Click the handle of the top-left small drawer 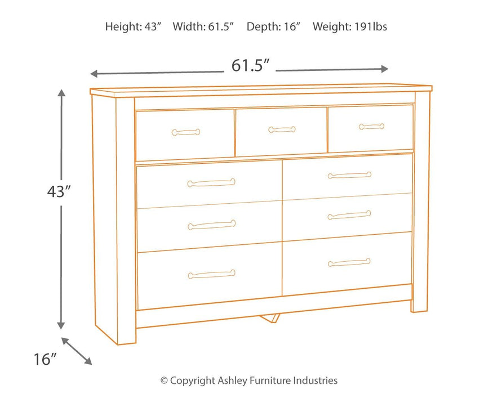pyautogui.click(x=185, y=132)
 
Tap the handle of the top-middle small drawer pyautogui.click(x=282, y=130)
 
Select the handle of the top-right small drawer pyautogui.click(x=371, y=127)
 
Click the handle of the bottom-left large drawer pyautogui.click(x=211, y=275)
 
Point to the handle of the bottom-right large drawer pyautogui.click(x=349, y=262)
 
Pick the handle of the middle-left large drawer pyautogui.click(x=211, y=225)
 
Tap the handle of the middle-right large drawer pyautogui.click(x=349, y=215)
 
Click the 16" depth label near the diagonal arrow pyautogui.click(x=45, y=359)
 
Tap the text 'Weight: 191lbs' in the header pyautogui.click(x=350, y=26)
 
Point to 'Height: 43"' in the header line pyautogui.click(x=134, y=26)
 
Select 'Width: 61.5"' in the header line pyautogui.click(x=204, y=26)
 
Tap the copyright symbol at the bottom pyautogui.click(x=165, y=381)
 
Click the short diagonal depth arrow pyautogui.click(x=77, y=351)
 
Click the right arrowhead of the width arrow pyautogui.click(x=385, y=69)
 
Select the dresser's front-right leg pyautogui.click(x=420, y=304)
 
